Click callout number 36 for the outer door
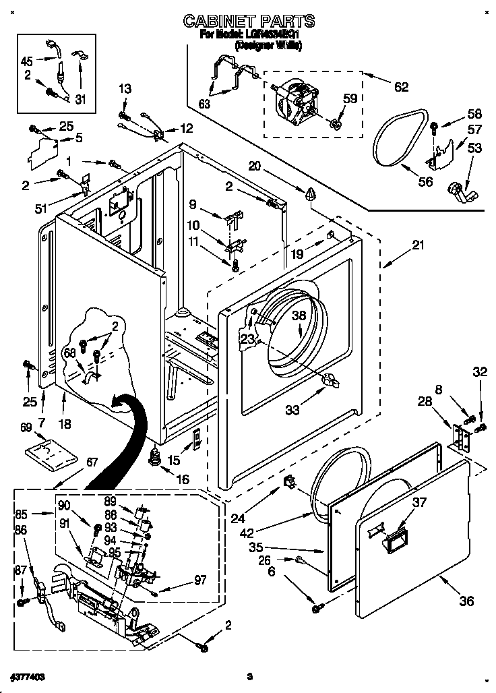tap(466, 601)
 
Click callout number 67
tap(92, 462)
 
